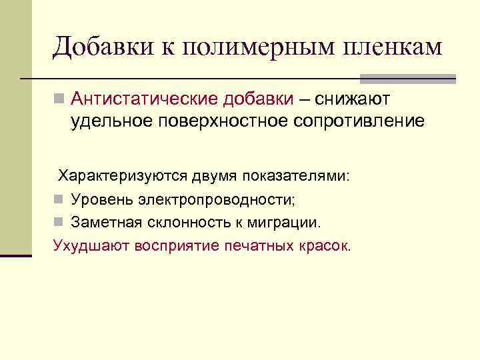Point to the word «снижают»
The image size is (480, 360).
[353, 100]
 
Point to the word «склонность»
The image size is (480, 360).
[203, 221]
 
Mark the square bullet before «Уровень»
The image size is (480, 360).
[59, 199]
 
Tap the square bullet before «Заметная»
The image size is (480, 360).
[59, 222]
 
